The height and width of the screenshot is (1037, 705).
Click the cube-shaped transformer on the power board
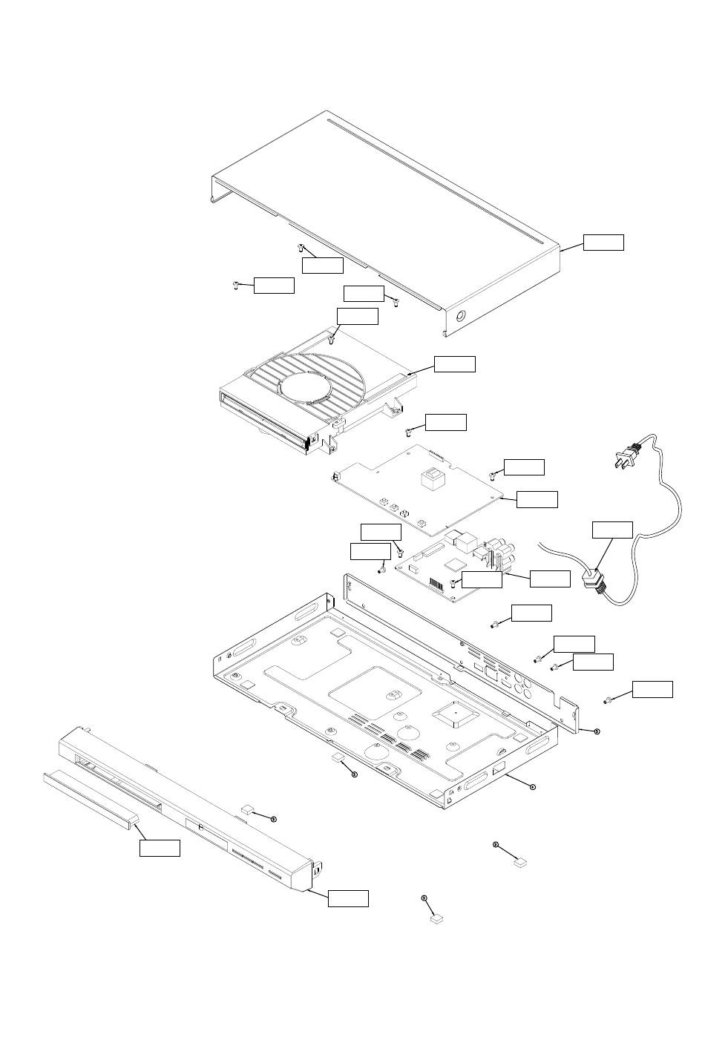[432, 480]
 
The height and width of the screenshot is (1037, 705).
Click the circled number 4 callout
[532, 786]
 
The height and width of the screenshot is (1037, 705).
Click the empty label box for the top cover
[603, 243]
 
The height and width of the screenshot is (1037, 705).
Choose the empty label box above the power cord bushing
[612, 530]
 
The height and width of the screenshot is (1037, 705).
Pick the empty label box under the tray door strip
[160, 848]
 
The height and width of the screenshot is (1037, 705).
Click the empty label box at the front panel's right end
[348, 898]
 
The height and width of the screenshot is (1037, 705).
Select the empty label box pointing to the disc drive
[454, 363]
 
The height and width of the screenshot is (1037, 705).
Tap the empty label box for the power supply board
[537, 499]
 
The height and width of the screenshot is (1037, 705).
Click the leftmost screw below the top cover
[235, 286]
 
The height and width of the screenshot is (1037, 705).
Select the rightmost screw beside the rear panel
[607, 699]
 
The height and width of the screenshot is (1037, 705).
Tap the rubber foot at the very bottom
[436, 918]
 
